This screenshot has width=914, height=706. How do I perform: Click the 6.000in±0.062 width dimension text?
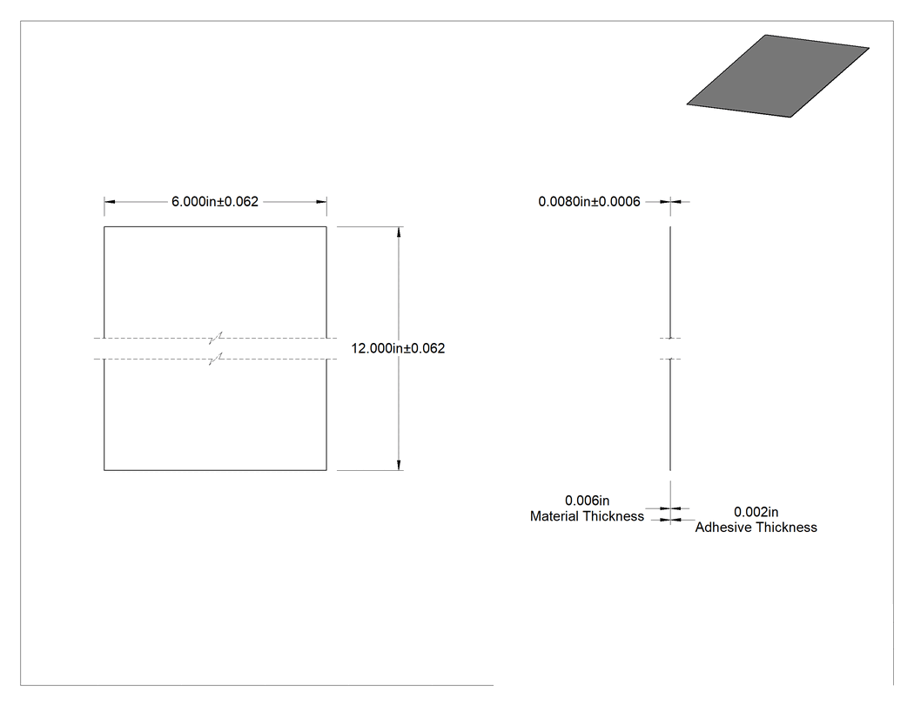coord(214,202)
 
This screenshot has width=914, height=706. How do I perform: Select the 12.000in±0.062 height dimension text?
coord(398,348)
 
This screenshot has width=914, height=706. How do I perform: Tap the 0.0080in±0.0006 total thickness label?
coord(589,202)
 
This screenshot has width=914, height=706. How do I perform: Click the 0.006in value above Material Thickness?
coord(587,501)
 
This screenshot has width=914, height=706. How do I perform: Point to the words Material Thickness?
coord(587,516)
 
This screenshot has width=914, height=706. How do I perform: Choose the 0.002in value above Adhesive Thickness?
coord(756,512)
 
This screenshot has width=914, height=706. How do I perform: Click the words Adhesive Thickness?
coord(756,527)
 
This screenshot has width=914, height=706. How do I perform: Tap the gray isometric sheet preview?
coord(777,76)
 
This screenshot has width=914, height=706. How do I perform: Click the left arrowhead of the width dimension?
coord(110,202)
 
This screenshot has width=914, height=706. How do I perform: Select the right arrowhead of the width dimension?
coord(321,202)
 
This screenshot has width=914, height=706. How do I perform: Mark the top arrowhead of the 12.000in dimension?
coord(399,232)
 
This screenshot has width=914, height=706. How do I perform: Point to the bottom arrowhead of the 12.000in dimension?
coord(399,465)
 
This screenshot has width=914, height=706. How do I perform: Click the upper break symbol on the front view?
coord(216,338)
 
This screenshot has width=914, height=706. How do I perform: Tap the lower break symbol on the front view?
coord(216,359)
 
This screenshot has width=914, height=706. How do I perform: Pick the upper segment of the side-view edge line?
coord(670,282)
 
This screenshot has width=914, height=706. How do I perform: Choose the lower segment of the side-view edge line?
coord(670,414)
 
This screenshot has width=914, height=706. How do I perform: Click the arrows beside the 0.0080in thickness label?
coord(670,202)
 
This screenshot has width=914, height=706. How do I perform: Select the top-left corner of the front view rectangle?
coord(104,227)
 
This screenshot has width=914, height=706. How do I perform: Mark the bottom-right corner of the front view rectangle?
coord(326,470)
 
